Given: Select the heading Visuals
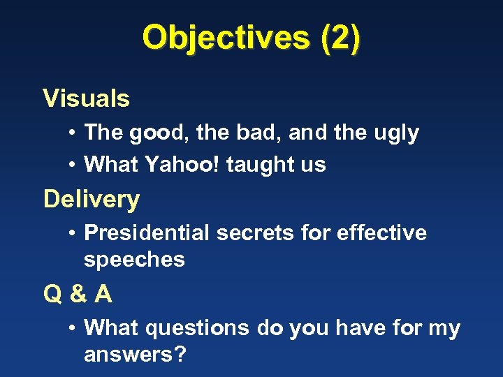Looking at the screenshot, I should point(86,99).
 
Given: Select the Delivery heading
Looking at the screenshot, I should point(92,200).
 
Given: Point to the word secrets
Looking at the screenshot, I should point(257,232).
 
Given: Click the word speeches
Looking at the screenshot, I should point(134,260).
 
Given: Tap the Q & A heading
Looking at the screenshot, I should point(78,295).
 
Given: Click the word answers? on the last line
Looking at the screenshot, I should point(135,355).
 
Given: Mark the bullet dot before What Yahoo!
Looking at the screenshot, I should point(73,165).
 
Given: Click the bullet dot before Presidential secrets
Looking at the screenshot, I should point(73,232).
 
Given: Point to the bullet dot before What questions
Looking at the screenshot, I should point(73,327).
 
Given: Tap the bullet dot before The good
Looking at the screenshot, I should point(73,133).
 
